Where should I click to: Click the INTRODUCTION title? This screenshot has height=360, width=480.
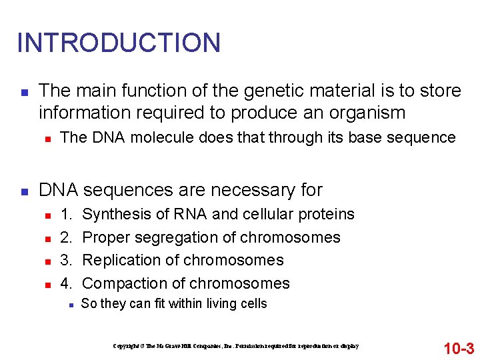119,43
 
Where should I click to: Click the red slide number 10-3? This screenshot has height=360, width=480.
459,347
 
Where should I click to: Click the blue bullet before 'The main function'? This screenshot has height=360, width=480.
23,91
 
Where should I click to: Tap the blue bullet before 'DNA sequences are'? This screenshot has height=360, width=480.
23,191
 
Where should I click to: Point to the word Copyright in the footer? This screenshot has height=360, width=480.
126,347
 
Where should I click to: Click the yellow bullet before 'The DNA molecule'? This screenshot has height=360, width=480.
47,139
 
